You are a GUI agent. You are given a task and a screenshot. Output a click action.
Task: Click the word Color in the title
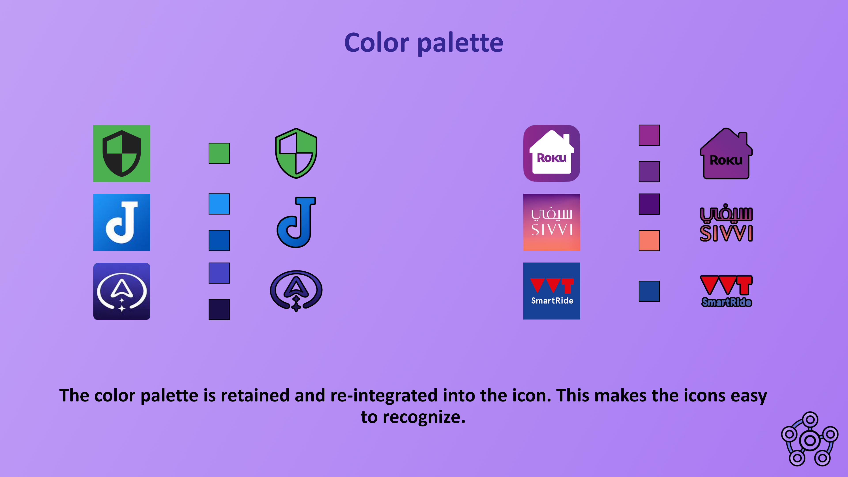377,43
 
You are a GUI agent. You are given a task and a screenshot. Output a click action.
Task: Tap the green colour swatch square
219,153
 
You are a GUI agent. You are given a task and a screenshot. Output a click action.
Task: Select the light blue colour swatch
219,204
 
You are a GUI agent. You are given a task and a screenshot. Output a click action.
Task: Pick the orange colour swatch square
649,240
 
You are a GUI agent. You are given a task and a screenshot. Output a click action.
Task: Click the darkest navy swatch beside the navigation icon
219,309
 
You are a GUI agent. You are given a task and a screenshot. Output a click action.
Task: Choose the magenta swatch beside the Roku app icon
649,135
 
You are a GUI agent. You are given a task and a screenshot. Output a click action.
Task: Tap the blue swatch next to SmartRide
649,291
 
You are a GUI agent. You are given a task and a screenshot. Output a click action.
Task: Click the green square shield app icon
121,153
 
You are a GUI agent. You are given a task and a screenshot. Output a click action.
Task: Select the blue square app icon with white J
121,222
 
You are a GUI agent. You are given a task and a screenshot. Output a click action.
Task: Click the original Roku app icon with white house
552,153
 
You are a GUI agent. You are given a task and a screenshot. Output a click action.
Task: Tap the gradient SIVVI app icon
552,222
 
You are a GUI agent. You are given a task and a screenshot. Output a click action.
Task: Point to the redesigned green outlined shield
296,153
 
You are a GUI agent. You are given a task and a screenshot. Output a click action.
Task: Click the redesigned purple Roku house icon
726,153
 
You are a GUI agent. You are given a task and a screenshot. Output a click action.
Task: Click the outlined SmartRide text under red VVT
727,302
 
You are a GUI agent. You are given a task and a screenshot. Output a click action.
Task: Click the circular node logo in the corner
810,439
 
